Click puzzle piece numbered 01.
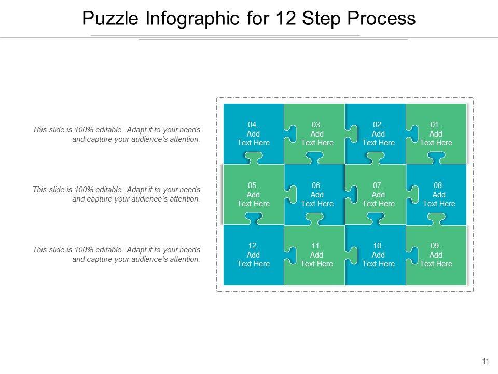436,133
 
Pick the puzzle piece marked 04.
253,133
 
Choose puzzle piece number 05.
253,194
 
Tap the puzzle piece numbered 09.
436,255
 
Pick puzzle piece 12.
253,255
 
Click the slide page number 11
486,361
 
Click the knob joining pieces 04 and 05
254,158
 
